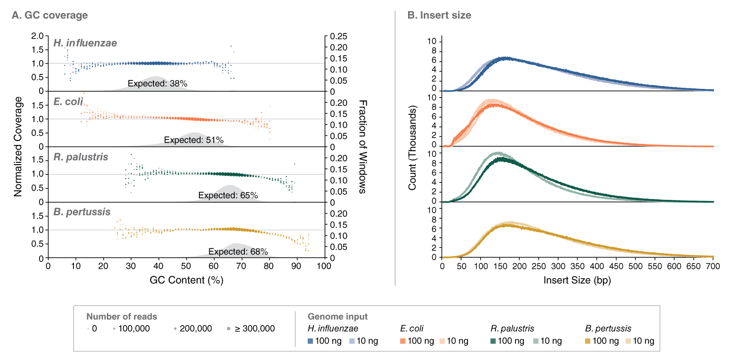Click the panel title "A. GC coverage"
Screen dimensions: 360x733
[x=50, y=15]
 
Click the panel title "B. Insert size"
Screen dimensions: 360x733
[x=439, y=15]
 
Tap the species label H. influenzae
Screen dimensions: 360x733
[x=85, y=43]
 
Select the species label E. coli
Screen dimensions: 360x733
[x=68, y=101]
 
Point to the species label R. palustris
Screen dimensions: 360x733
[x=81, y=157]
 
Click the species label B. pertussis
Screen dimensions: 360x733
[x=82, y=212]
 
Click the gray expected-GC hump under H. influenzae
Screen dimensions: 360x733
[x=155, y=85]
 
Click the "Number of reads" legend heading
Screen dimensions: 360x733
[x=122, y=317]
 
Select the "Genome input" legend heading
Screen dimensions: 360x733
[x=337, y=317]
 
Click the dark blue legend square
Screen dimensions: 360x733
[x=310, y=341]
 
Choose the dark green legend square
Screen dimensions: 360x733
[x=493, y=341]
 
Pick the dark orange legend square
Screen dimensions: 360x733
[x=403, y=341]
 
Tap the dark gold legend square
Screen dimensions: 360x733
[x=588, y=341]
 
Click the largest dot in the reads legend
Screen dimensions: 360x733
[x=229, y=328]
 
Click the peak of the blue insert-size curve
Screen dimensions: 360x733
[x=505, y=58]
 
